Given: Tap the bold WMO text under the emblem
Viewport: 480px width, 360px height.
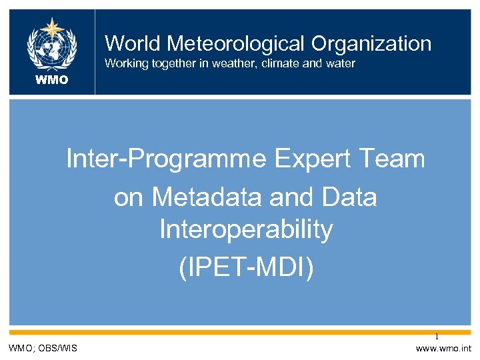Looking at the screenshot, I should [52, 80].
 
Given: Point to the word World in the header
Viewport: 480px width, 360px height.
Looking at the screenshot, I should [133, 44].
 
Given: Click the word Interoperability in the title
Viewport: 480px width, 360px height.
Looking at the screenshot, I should [246, 230].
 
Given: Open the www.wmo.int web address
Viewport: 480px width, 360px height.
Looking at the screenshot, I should [443, 348].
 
